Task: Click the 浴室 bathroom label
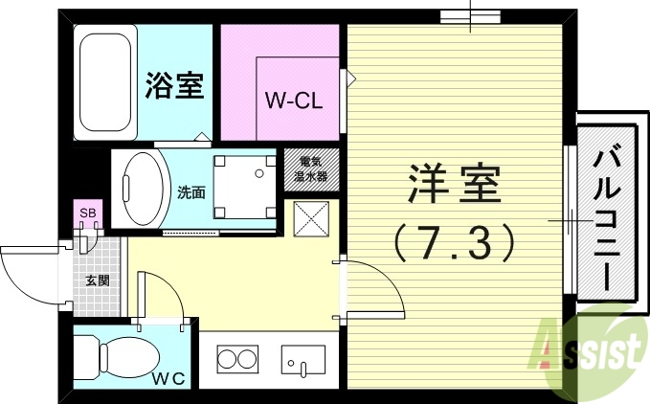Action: [173, 86]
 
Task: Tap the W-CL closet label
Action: [291, 99]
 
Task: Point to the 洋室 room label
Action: [455, 184]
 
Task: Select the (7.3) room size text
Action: [455, 244]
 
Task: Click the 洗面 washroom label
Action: [191, 191]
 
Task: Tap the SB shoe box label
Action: [87, 213]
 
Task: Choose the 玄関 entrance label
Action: [97, 281]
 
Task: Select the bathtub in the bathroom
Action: [106, 84]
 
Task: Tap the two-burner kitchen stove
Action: [236, 361]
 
